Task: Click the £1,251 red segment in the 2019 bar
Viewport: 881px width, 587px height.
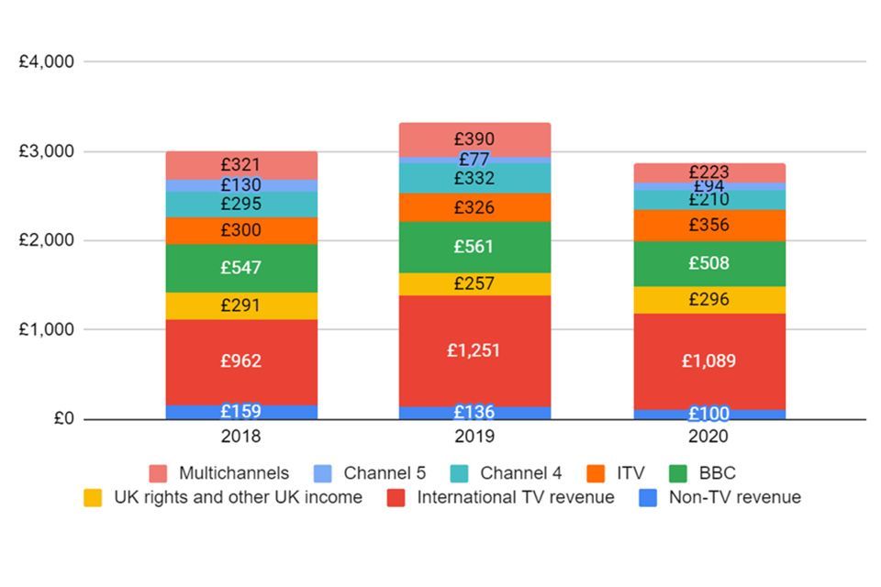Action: [474, 350]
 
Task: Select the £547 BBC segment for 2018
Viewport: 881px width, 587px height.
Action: [241, 268]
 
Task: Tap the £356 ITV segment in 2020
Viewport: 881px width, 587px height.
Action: [708, 225]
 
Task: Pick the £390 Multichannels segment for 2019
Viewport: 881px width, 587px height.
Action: [474, 138]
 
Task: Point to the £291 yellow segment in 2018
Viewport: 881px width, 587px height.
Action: [241, 305]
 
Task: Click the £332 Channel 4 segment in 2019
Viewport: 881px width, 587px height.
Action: [474, 178]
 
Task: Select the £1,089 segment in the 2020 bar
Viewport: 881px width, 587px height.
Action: [708, 360]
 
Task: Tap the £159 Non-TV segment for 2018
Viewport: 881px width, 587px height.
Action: [241, 412]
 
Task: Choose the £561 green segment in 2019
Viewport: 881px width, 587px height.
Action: [474, 247]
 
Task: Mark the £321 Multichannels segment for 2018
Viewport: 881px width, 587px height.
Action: [241, 165]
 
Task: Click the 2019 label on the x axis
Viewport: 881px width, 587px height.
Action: [474, 437]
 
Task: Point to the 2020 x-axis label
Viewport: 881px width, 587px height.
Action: [708, 437]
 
